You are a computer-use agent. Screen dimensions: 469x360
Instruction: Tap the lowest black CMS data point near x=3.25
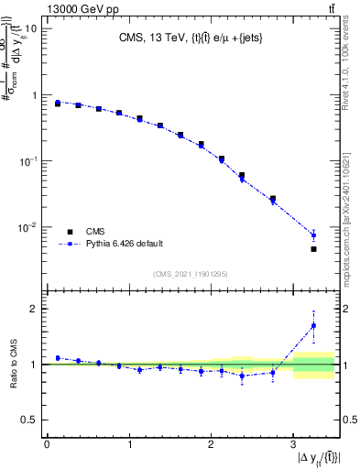click(313, 249)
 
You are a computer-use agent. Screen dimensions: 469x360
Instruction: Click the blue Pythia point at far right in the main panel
click(313, 235)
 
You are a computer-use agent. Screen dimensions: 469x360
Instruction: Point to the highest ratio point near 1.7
click(313, 325)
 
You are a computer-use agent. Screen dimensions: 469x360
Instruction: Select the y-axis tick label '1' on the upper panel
click(33, 95)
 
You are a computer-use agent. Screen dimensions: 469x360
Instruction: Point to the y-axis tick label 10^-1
click(28, 161)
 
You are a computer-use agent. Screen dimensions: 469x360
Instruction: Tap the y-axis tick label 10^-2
click(28, 227)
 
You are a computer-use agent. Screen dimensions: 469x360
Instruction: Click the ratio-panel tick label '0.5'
click(28, 420)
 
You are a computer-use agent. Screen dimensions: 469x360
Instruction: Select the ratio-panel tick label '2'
click(33, 309)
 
